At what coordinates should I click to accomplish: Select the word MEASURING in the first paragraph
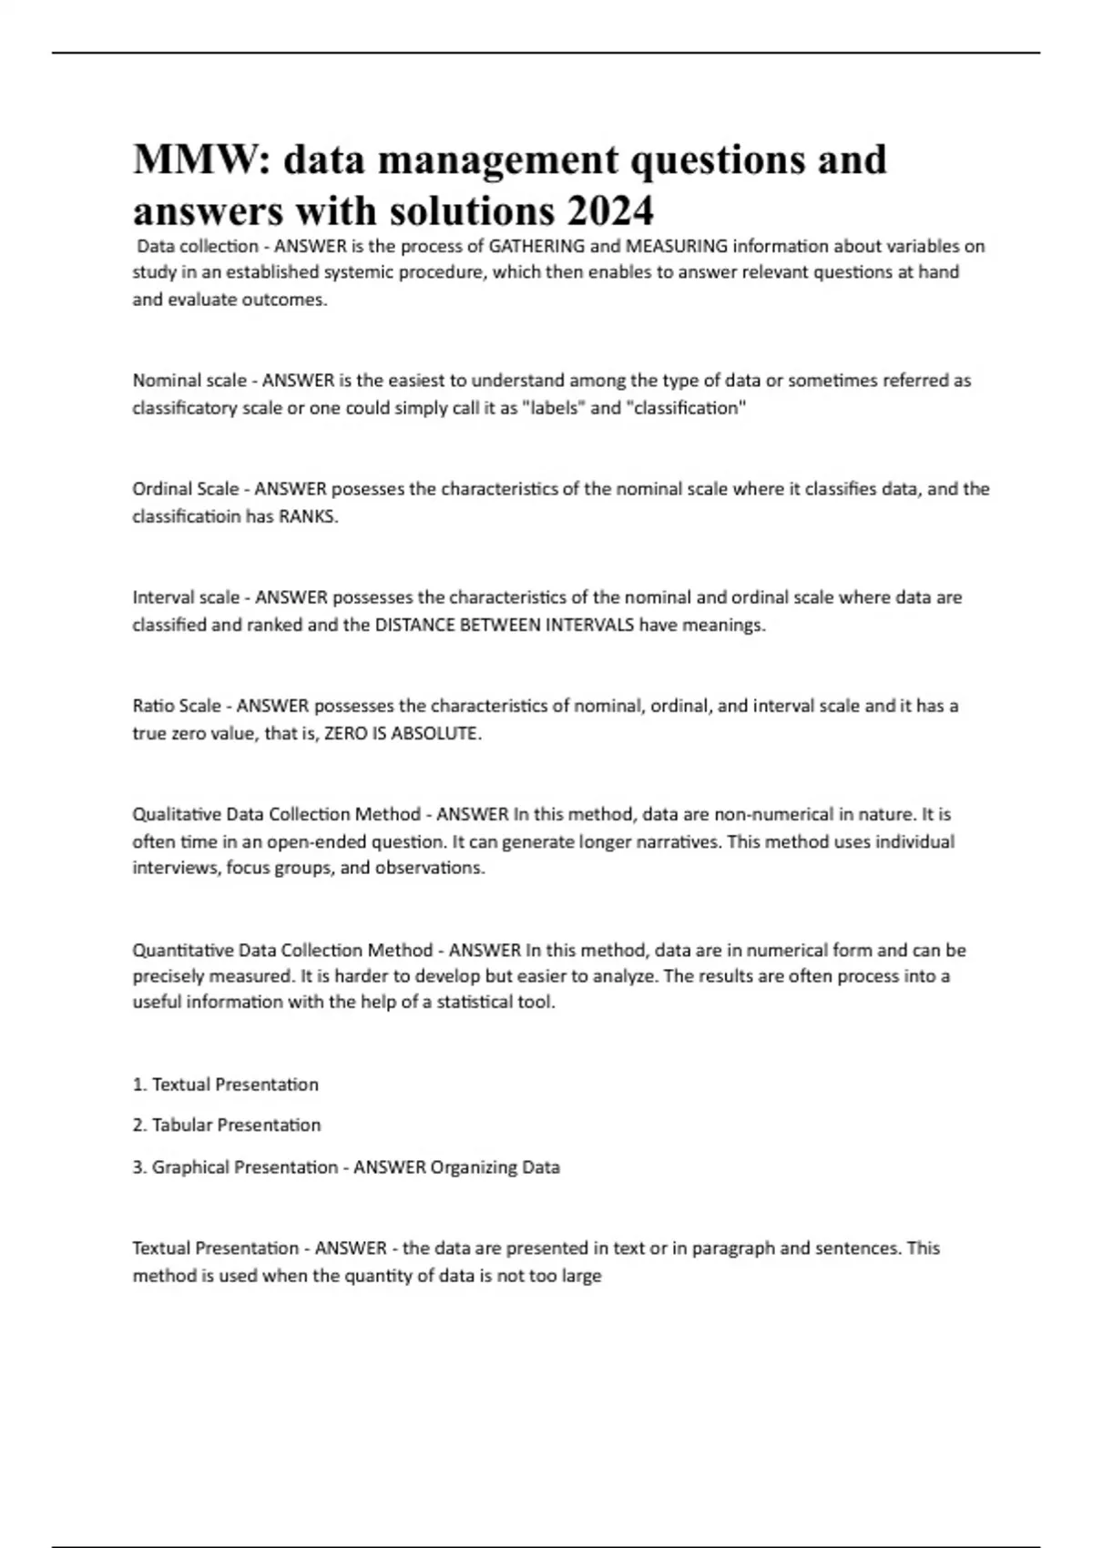677,246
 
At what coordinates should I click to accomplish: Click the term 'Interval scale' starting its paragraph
186,597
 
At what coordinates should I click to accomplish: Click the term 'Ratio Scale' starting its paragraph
177,706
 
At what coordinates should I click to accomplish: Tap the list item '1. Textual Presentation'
226,1085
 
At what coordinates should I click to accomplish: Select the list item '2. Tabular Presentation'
227,1125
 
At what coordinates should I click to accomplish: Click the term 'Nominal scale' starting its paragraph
189,381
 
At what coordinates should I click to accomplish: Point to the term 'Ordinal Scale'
186,489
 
